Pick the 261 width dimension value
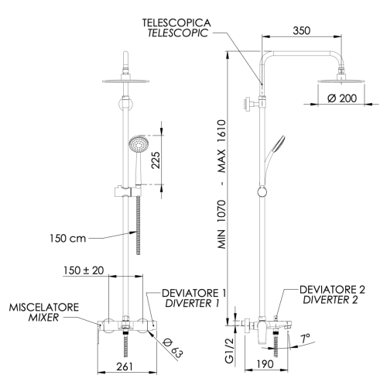pyautogui.click(x=125, y=367)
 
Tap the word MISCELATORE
pyautogui.click(x=43, y=308)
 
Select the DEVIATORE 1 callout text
pyautogui.click(x=193, y=293)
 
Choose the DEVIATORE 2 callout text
pyautogui.click(x=334, y=289)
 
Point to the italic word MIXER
pyautogui.click(x=43, y=318)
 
